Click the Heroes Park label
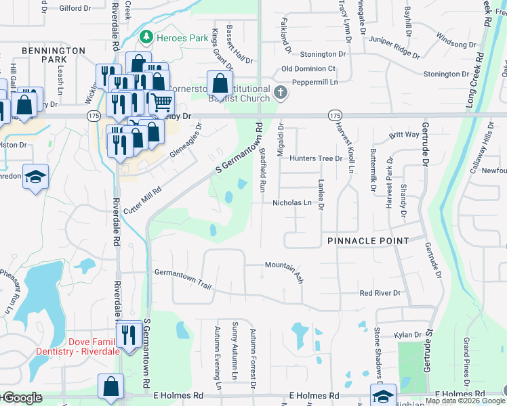(x=182, y=38)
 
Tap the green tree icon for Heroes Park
(x=145, y=38)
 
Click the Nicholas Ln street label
(x=292, y=202)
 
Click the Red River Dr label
(x=380, y=293)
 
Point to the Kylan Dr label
(x=408, y=335)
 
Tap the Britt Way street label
(x=404, y=135)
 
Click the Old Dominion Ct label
(x=308, y=69)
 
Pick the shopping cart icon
(x=162, y=103)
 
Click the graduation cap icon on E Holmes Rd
(x=383, y=395)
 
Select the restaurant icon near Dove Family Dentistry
(x=127, y=333)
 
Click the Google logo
(x=22, y=398)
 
